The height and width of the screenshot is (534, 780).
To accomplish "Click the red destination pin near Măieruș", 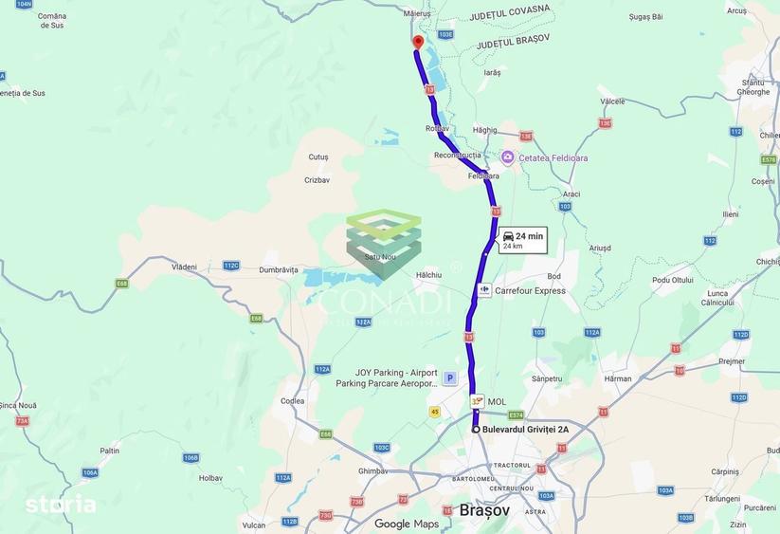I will tap(417, 42).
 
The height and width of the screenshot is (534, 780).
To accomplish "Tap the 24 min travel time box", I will tap(522, 240).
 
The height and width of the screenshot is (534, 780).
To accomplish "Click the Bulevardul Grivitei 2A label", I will tap(525, 430).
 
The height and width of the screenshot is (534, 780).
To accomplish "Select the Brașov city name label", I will tap(484, 509).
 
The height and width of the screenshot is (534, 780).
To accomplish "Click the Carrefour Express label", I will tap(530, 291).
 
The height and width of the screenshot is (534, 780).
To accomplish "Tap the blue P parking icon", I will tap(449, 377).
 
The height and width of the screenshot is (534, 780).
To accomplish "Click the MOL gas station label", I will tap(497, 401).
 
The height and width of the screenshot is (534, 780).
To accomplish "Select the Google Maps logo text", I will tap(407, 524).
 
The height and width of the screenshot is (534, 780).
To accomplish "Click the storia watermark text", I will tap(61, 505).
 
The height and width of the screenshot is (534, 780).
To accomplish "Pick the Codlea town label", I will tap(292, 401).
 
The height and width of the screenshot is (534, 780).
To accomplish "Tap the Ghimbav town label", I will tap(372, 471).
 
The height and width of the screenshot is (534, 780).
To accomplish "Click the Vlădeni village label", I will tap(184, 267).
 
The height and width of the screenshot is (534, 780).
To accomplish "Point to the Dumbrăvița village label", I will tap(279, 270).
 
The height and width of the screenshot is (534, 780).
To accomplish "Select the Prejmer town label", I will tap(733, 360).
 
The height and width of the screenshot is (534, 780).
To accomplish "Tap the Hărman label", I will tap(617, 378).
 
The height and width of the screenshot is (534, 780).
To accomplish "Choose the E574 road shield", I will tap(516, 414).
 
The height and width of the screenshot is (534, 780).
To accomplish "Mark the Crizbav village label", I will tap(317, 179).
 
